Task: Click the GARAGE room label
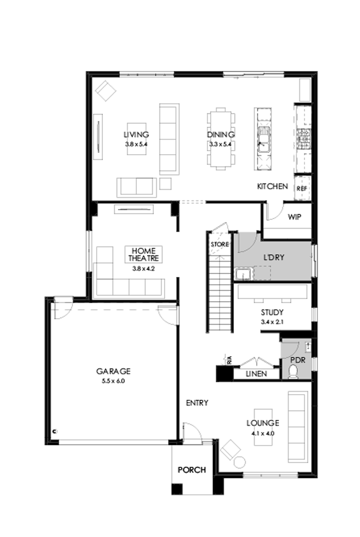point(113,371)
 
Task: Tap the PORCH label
point(192,470)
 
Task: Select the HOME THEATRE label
point(143,254)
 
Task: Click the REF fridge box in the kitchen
point(302,189)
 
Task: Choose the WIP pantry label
point(294,217)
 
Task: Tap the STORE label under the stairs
point(218,244)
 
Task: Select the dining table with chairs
point(221,138)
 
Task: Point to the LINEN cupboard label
point(256,374)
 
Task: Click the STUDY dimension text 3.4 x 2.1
point(272,322)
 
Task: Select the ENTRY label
point(197,403)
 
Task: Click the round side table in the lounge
point(240,461)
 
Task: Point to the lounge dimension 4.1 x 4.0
point(262,433)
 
